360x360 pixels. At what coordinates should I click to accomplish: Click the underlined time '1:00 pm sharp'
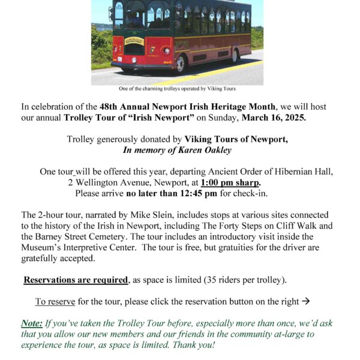pos(230,182)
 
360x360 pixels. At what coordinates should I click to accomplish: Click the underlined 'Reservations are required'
pos(76,280)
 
